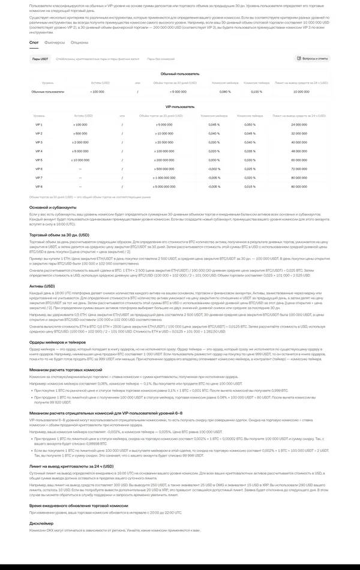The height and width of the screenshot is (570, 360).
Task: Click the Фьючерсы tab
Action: coord(55,43)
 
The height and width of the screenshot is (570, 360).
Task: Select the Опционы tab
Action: coord(79,43)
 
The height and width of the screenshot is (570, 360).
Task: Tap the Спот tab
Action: coord(34,43)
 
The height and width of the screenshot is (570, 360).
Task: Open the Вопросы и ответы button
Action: coord(312,59)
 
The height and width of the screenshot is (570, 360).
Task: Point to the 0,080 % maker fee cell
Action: coord(225,92)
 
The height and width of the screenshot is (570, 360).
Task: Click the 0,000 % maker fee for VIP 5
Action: coord(214,160)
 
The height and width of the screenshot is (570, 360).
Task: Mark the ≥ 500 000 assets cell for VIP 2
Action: coord(80,133)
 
